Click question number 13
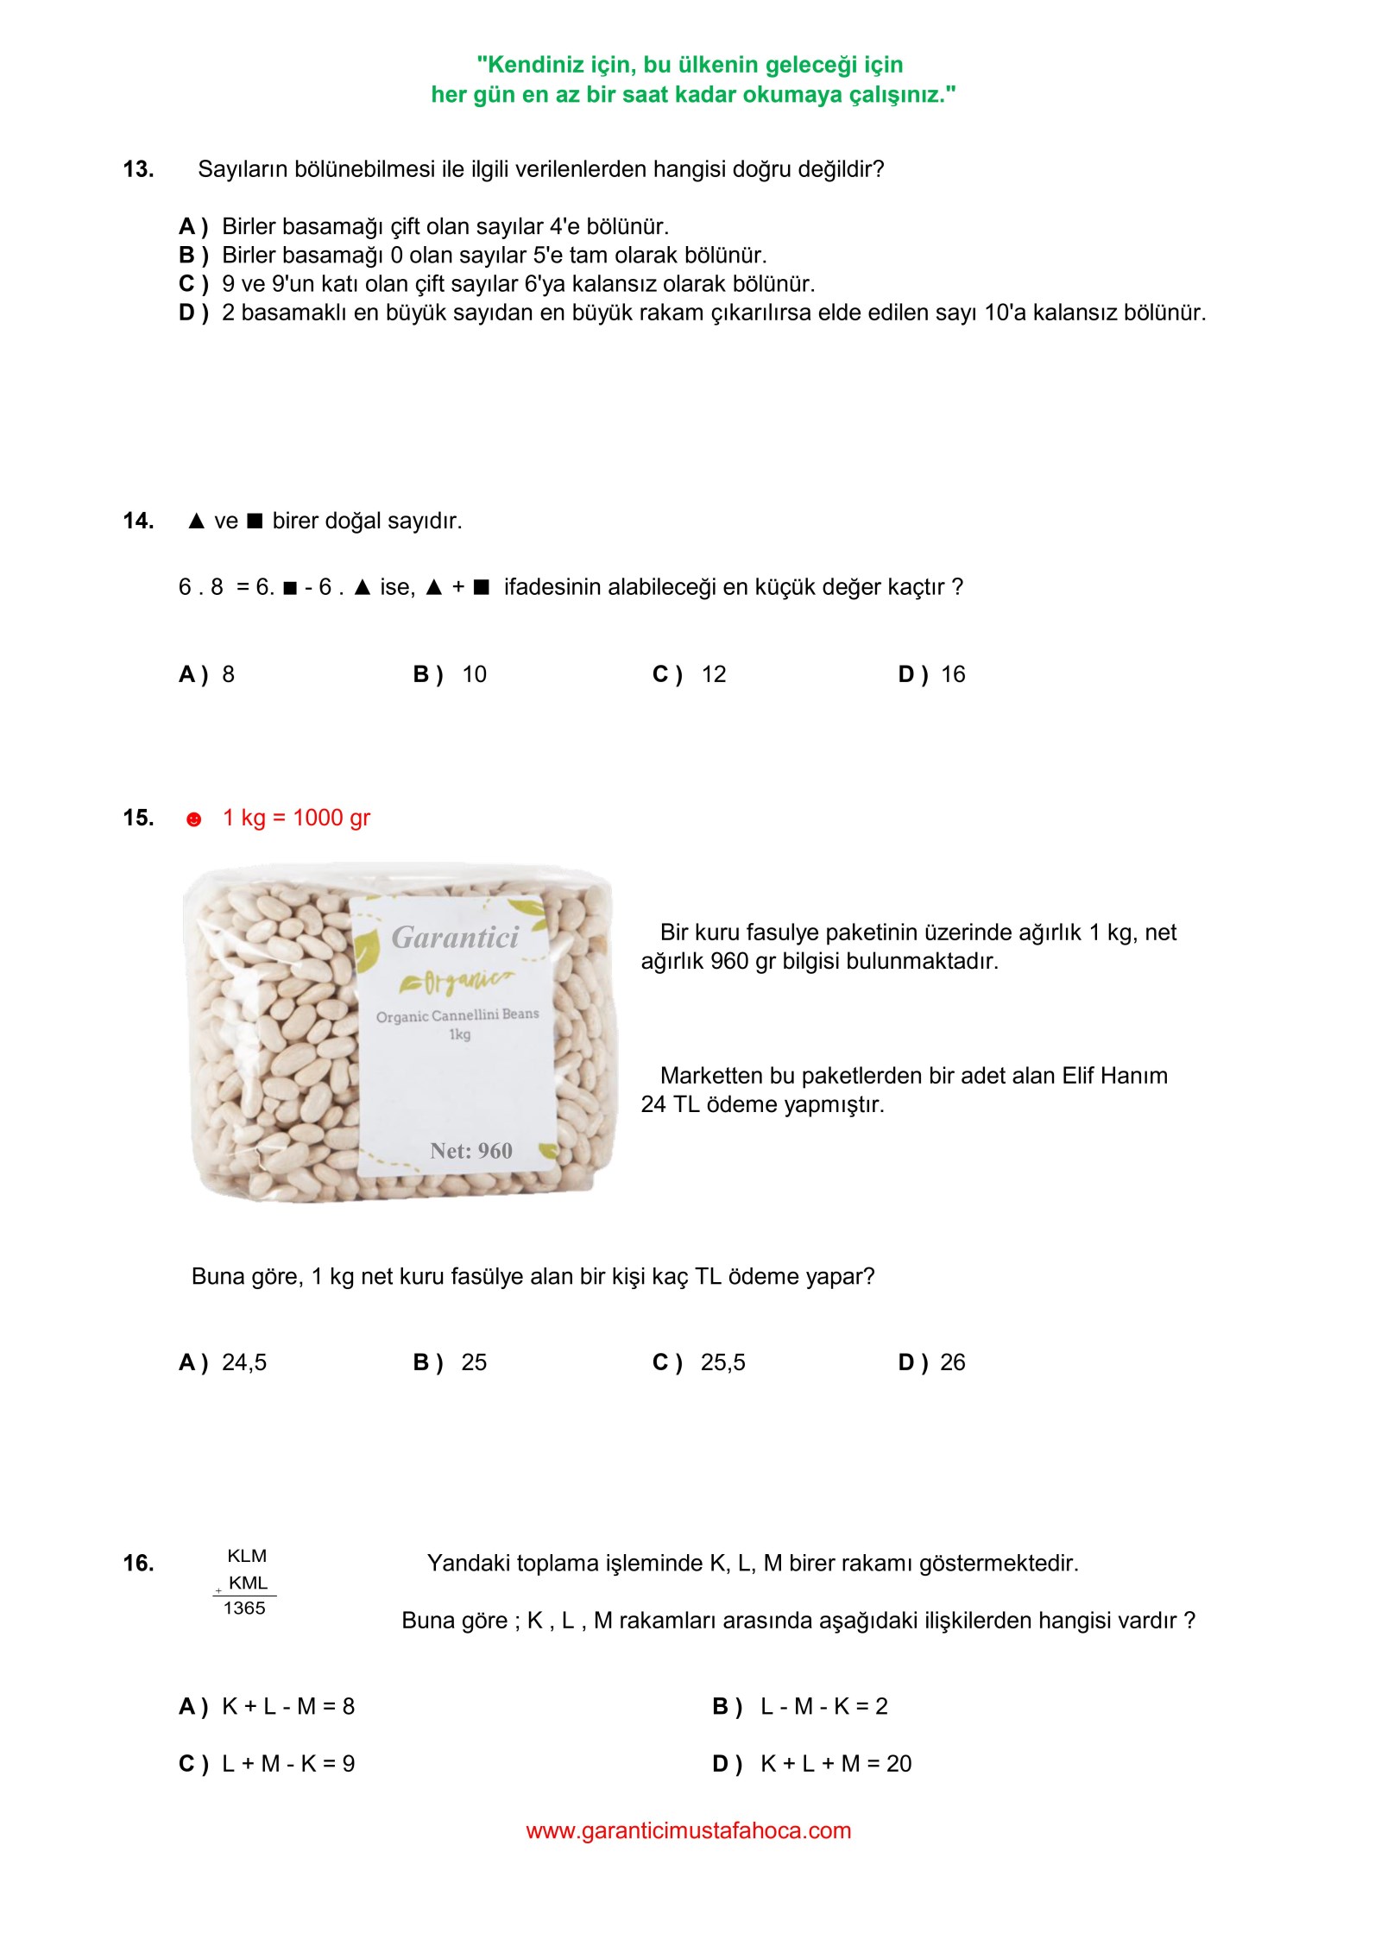pos(138,169)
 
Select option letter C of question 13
pos(192,284)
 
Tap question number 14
pos(138,521)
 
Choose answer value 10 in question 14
pos(474,674)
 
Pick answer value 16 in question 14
pos(953,674)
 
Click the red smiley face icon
pos(193,819)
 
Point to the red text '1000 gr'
pos(331,818)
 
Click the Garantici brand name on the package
pos(455,938)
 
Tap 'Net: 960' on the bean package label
pos(471,1151)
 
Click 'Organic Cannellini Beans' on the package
pos(457,1015)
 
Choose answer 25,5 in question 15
pos(722,1362)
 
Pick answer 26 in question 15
pos(953,1362)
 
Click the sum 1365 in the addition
pos(244,1609)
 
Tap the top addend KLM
pos(247,1556)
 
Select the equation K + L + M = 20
pos(836,1764)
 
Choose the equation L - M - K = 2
pos(823,1706)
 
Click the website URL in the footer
pos(688,1830)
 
